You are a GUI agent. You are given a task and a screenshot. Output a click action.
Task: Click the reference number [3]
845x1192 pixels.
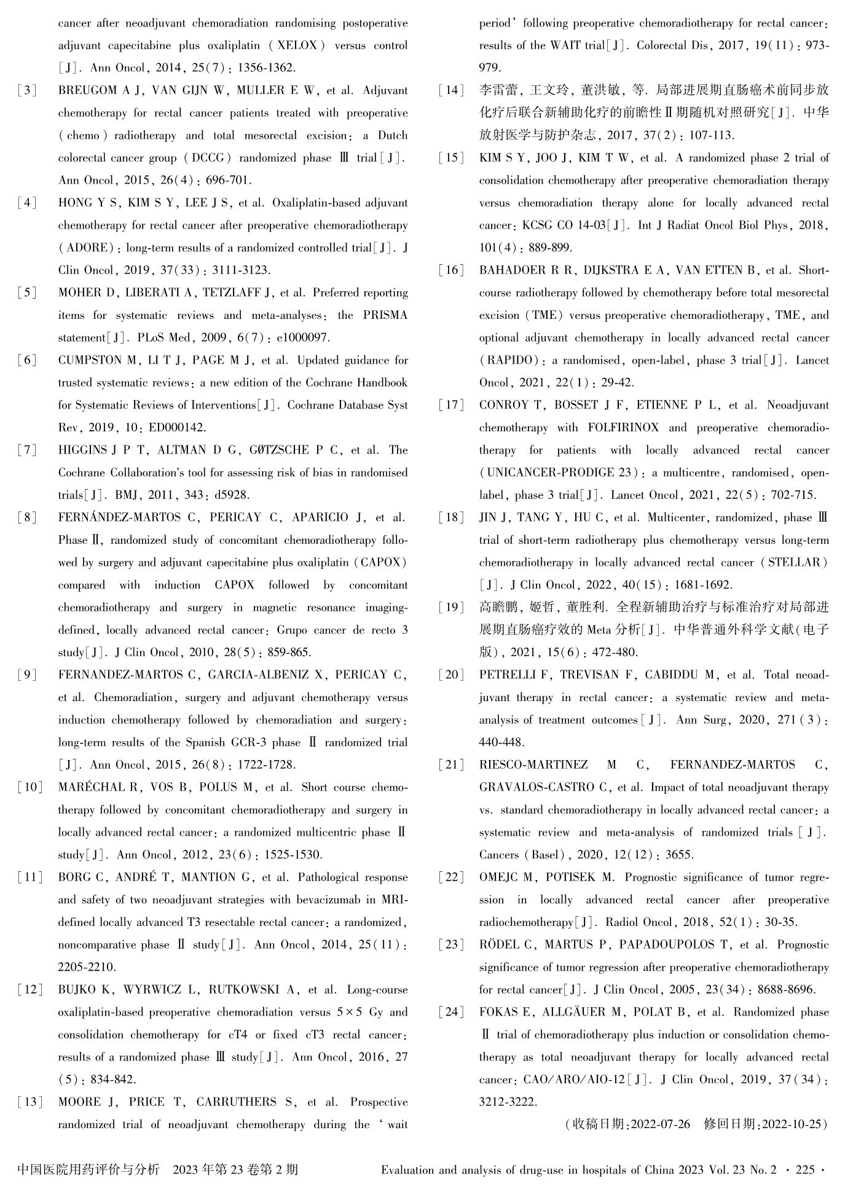coord(26,91)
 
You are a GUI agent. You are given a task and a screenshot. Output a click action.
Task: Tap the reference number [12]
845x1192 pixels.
coord(30,990)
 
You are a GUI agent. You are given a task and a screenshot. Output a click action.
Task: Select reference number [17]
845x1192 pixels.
coord(451,406)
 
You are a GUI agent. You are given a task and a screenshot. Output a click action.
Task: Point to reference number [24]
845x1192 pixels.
coord(451,1013)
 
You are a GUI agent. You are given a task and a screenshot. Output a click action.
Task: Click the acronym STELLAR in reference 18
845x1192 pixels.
coord(801,563)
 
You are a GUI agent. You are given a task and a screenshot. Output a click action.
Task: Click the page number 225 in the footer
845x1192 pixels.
coord(805,1170)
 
